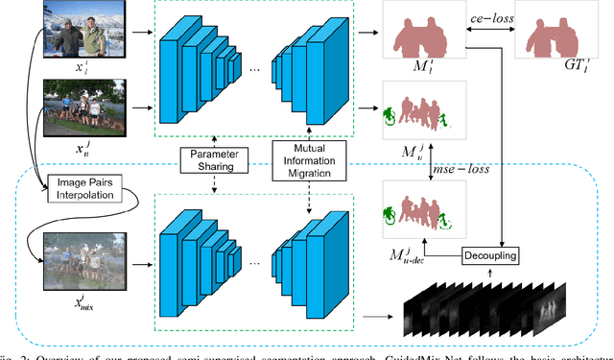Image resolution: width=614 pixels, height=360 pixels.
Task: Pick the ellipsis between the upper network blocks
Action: tap(254, 71)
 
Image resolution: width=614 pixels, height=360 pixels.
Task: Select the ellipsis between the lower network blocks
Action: tap(254, 260)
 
